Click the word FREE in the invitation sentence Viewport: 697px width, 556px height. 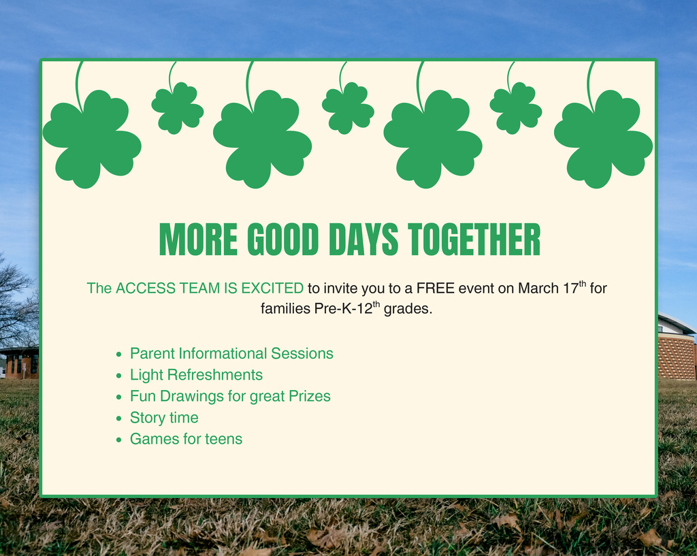coord(436,289)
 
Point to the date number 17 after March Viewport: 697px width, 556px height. coord(570,289)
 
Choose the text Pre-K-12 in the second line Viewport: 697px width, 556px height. coord(342,309)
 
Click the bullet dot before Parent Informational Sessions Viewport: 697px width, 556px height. coord(119,355)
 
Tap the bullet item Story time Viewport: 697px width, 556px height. coord(164,418)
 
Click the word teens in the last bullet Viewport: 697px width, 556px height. coord(223,439)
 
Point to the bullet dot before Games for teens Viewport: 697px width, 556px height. coord(119,440)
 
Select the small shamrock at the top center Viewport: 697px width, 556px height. coord(348,108)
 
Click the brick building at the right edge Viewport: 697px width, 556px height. coord(677,354)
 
